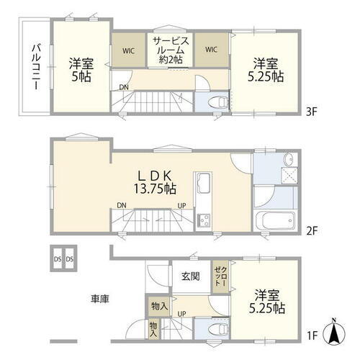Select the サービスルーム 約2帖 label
pyautogui.click(x=171, y=50)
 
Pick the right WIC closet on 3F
pyautogui.click(x=212, y=50)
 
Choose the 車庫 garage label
pyautogui.click(x=100, y=298)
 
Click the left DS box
pyautogui.click(x=57, y=259)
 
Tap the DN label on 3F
pyautogui.click(x=125, y=88)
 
